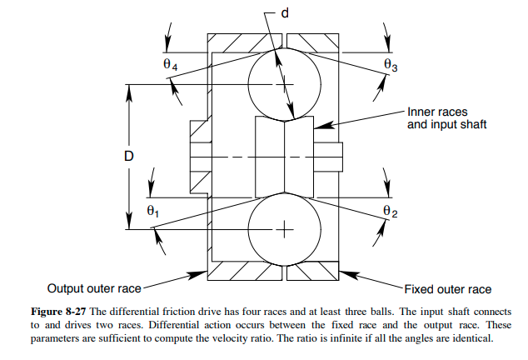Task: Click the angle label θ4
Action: click(170, 64)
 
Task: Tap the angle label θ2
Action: click(390, 212)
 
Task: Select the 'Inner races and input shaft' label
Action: click(446, 117)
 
